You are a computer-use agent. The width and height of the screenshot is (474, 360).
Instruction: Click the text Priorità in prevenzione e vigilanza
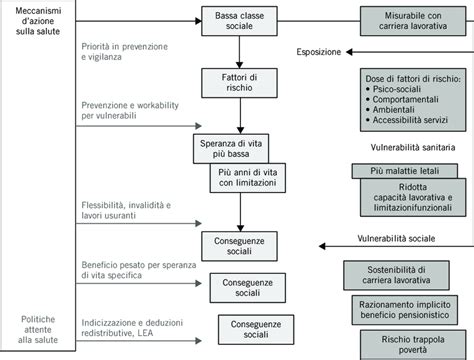[128, 52]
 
